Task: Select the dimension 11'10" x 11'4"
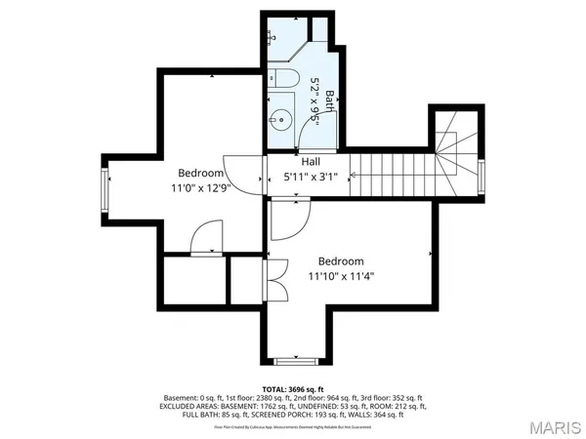click(341, 276)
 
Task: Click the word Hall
click(311, 162)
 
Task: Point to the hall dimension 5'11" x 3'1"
click(311, 177)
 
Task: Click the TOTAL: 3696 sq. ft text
click(293, 389)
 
